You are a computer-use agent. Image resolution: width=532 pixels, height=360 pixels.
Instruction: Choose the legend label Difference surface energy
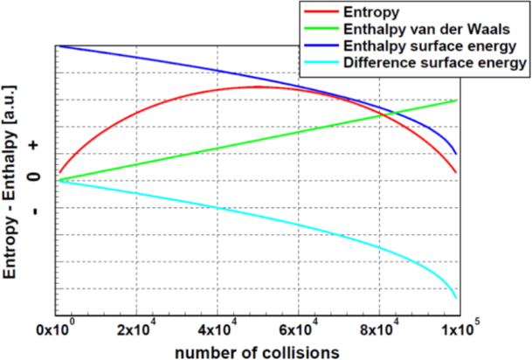[x=434, y=63]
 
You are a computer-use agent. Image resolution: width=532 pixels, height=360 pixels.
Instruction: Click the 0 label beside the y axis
[x=35, y=177]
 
